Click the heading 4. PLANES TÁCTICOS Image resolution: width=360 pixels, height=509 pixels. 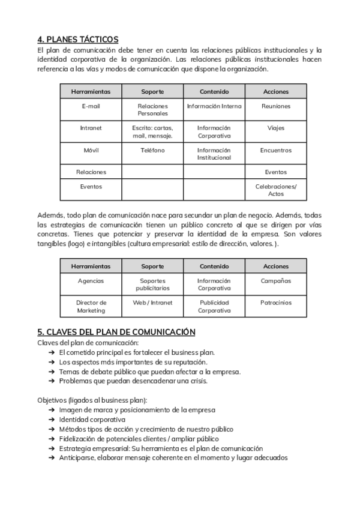tap(77, 40)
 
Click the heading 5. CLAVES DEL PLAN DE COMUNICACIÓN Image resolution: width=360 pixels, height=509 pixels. tap(116, 331)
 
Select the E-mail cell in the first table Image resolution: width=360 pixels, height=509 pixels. tap(91, 106)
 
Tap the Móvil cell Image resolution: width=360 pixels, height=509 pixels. tap(91, 150)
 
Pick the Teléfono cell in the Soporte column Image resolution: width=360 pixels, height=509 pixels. tap(152, 150)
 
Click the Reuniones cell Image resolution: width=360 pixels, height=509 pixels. tap(275, 106)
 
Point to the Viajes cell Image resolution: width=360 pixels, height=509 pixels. tap(275, 128)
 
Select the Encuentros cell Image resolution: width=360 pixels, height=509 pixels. tap(275, 150)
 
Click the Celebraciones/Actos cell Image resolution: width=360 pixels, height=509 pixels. tap(275, 190)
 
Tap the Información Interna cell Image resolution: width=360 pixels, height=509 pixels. tap(214, 106)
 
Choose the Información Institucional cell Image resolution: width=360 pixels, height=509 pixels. tap(214, 154)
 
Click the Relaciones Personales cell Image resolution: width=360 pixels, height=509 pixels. tap(152, 110)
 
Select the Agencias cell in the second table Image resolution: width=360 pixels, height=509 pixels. tap(91, 281)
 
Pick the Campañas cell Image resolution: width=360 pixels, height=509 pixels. tap(275, 281)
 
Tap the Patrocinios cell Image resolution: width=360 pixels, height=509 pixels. tap(275, 303)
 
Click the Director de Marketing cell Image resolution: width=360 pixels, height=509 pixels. tap(91, 306)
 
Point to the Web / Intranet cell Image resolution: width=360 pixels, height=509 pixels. tap(152, 303)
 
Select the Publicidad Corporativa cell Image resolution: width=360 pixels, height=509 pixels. tap(214, 306)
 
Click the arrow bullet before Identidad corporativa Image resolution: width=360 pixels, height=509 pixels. tap(52, 420)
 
